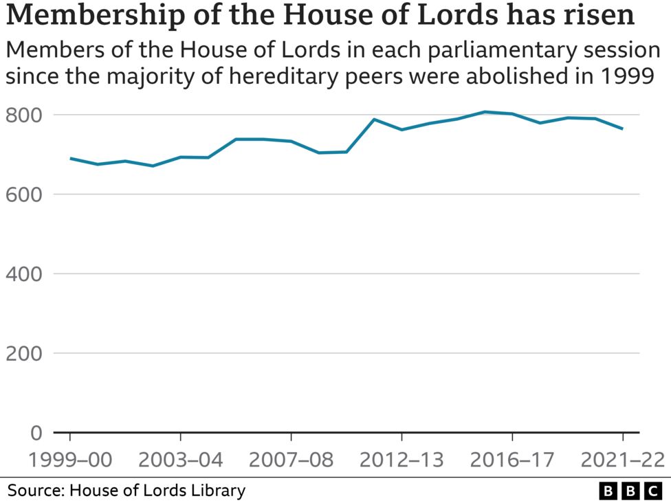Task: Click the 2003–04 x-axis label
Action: (x=181, y=460)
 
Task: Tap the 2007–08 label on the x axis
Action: (x=291, y=460)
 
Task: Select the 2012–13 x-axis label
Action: (x=401, y=460)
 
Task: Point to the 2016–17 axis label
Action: (x=512, y=460)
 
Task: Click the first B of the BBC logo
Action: (x=608, y=491)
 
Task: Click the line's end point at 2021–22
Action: (x=623, y=128)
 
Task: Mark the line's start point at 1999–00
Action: (x=70, y=158)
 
